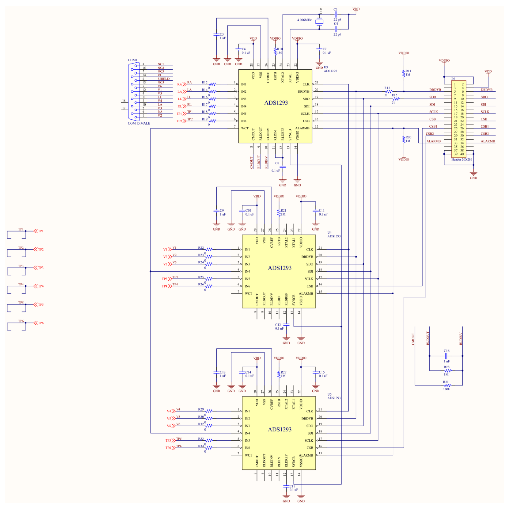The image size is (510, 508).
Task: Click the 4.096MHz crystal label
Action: click(x=304, y=20)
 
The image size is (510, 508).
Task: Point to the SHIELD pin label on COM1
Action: click(x=163, y=79)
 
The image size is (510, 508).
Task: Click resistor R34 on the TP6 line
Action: click(x=209, y=448)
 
